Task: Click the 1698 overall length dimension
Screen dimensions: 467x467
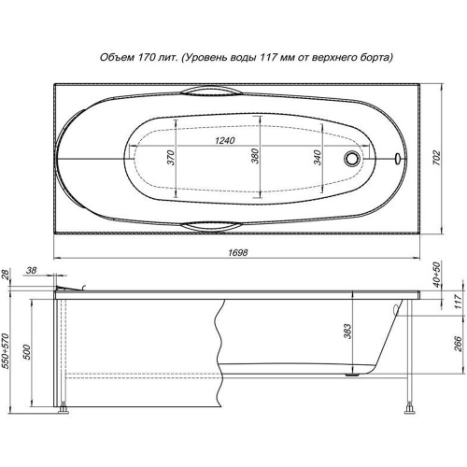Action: click(238, 252)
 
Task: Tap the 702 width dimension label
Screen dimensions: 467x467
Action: click(437, 158)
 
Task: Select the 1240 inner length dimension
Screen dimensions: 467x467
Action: click(225, 141)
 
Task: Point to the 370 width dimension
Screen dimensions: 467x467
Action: click(170, 158)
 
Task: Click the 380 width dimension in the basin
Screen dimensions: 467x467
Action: click(255, 156)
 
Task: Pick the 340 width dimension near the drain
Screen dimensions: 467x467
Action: click(317, 158)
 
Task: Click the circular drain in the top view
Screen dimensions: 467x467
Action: click(352, 158)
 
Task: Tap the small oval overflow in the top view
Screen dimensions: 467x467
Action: click(398, 158)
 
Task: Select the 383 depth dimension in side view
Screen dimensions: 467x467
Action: click(347, 332)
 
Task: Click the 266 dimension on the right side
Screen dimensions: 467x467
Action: click(458, 344)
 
